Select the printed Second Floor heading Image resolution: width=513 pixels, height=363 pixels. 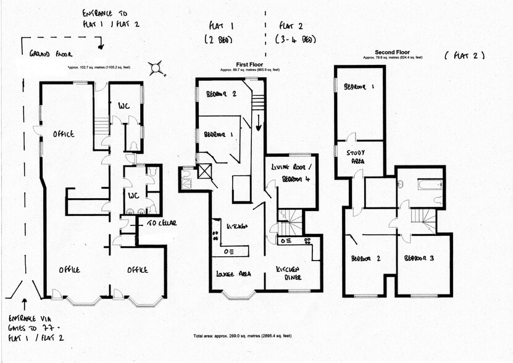click(393, 52)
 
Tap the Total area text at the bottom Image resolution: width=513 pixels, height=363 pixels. click(242, 336)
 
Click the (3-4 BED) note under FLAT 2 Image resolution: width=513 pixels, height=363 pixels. click(296, 40)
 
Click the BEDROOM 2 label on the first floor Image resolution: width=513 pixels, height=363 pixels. click(221, 94)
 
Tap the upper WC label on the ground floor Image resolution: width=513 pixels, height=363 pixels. click(123, 105)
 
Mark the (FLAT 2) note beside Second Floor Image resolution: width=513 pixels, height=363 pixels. click(464, 56)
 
